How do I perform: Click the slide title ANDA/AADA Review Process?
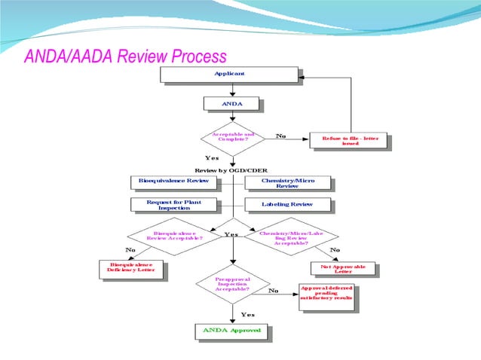125,57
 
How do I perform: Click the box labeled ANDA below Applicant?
231,103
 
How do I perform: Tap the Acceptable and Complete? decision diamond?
232,138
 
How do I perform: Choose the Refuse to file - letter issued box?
351,140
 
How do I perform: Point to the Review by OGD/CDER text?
231,170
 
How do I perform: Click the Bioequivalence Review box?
173,182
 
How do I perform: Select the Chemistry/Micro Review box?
289,183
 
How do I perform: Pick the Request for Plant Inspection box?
173,205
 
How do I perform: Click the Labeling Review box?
289,204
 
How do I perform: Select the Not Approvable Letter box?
342,269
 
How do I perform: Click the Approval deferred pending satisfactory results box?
326,296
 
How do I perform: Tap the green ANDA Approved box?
231,331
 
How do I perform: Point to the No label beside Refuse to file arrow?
280,136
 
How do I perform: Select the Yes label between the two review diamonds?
231,234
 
